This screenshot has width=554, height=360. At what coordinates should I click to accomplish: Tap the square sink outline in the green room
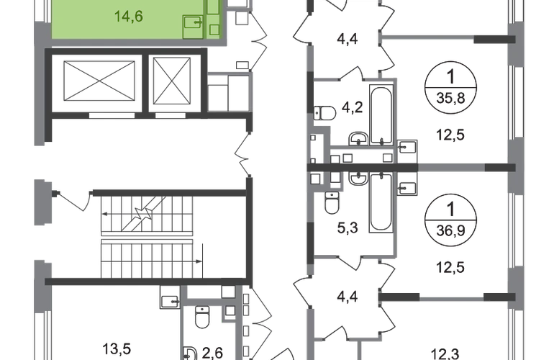(192, 27)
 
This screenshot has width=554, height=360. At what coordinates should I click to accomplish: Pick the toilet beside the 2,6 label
(203, 315)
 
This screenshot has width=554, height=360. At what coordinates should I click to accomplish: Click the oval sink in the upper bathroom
(325, 112)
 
